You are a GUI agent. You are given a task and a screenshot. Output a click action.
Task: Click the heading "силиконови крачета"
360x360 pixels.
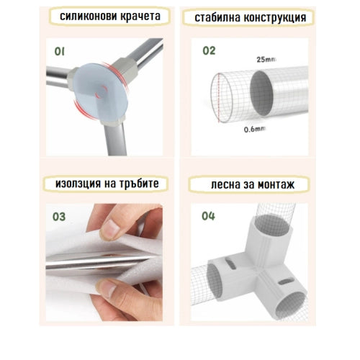tap(110, 17)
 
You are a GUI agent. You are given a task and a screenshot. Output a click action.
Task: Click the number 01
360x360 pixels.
tap(60, 51)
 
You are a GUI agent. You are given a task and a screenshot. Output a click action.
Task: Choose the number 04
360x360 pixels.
tap(209, 215)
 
